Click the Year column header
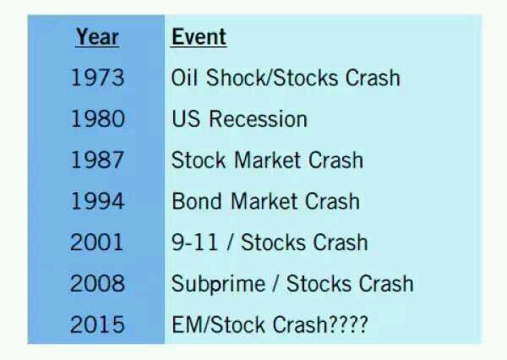coord(97,37)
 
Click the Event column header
coord(199,37)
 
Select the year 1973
coord(97,78)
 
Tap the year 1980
coord(97,118)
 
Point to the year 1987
coord(97,160)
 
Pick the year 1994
coord(97,201)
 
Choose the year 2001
coord(96,242)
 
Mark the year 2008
coord(97,283)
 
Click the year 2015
coord(97,325)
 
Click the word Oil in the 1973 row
coord(184,78)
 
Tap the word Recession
coord(258,118)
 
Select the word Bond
coord(197,201)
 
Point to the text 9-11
coord(194,242)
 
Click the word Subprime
coord(218,285)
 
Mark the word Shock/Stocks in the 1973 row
coord(272,78)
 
